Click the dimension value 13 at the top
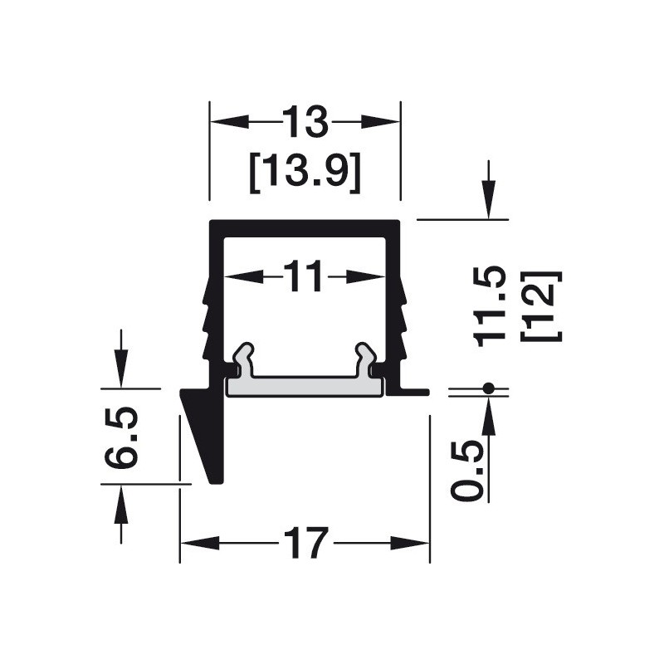[x=305, y=122]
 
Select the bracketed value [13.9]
[x=305, y=173]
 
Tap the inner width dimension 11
[x=304, y=276]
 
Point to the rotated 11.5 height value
[x=490, y=306]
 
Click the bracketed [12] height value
[x=542, y=306]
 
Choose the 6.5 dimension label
[x=121, y=438]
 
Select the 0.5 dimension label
[x=466, y=471]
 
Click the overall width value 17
[x=305, y=543]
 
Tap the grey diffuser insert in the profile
[x=305, y=386]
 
